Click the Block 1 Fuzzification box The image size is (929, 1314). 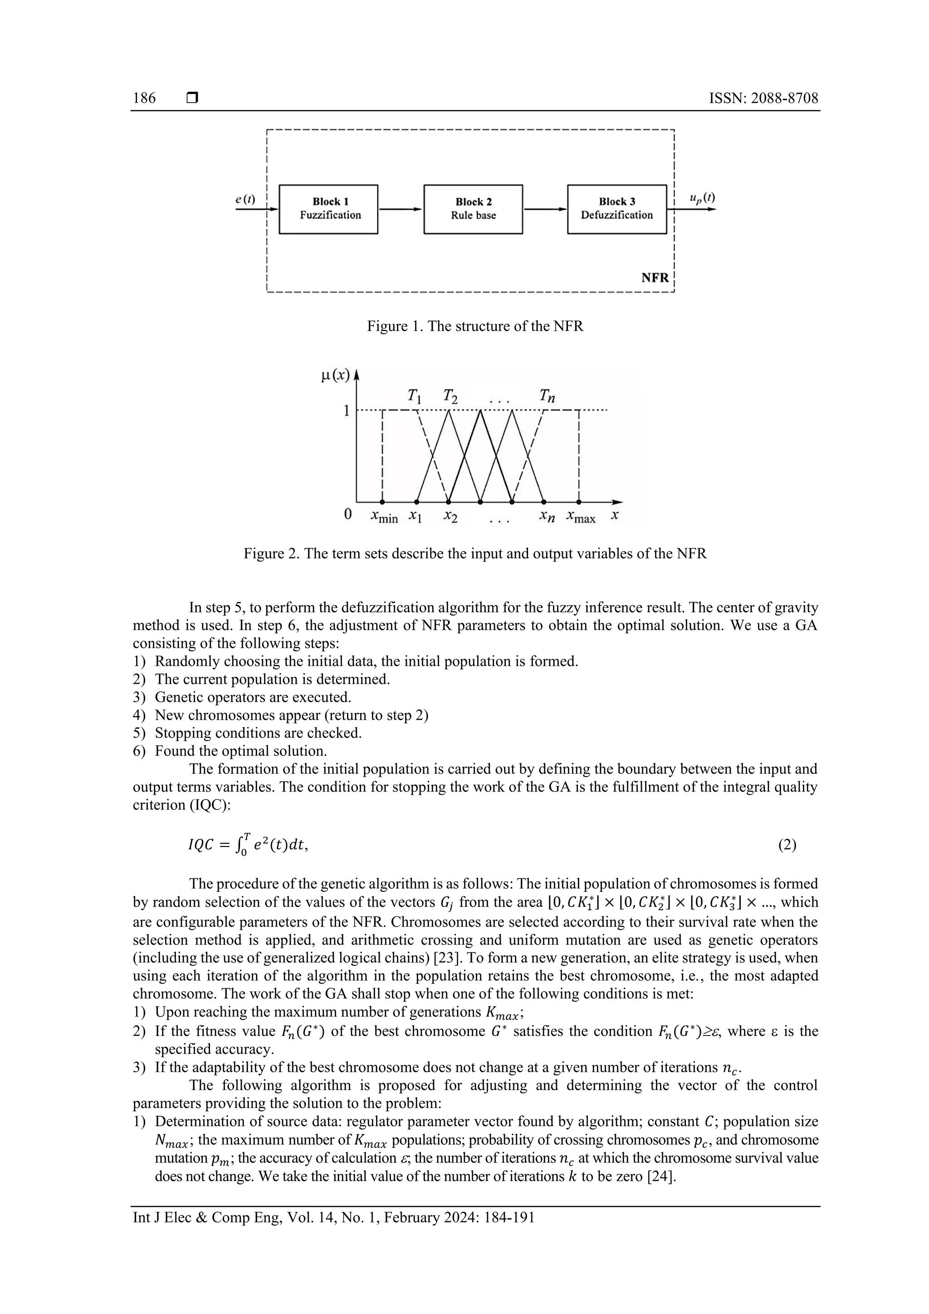pyautogui.click(x=328, y=209)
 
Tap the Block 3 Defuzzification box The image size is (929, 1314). pyautogui.click(x=616, y=209)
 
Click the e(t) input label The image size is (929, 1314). pyautogui.click(x=245, y=199)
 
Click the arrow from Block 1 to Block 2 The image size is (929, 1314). pyautogui.click(x=400, y=210)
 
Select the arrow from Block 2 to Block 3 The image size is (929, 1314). pyautogui.click(x=544, y=210)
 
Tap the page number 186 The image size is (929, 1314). pyautogui.click(x=144, y=98)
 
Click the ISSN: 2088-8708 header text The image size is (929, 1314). pyautogui.click(x=763, y=98)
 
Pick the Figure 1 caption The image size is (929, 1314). pyautogui.click(x=474, y=326)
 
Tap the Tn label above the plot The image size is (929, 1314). pyautogui.click(x=547, y=396)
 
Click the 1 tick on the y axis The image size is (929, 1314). pyautogui.click(x=346, y=410)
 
